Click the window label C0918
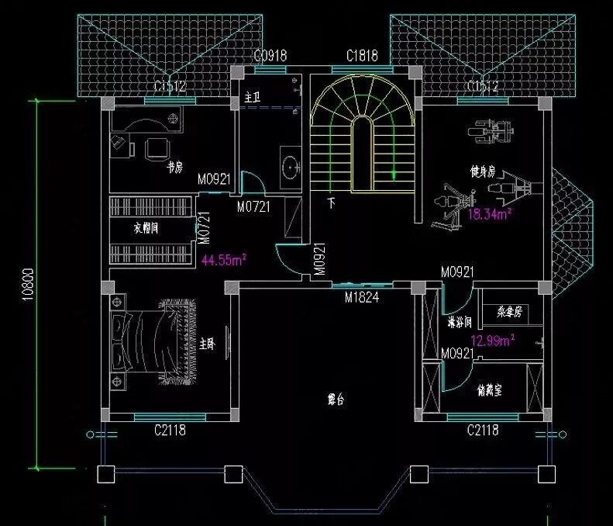(271, 55)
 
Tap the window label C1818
(362, 55)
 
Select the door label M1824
(361, 296)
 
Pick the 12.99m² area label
(494, 340)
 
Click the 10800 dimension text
(26, 285)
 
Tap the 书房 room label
(174, 167)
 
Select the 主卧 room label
(206, 343)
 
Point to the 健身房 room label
(481, 170)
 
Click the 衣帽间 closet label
(146, 230)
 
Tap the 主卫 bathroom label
(251, 99)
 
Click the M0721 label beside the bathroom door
(253, 207)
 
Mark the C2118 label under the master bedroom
(170, 429)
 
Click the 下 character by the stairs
(332, 204)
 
